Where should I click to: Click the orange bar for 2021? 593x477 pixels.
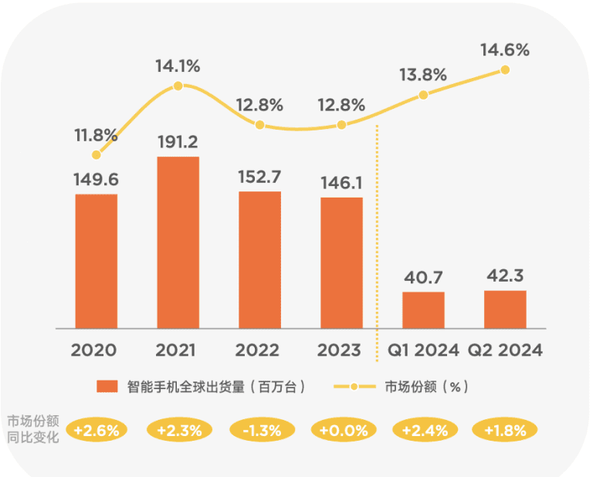coord(178,242)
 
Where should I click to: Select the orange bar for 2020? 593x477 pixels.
coord(97,261)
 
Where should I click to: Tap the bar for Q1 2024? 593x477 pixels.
coord(423,310)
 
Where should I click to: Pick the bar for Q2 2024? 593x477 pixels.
coord(505,309)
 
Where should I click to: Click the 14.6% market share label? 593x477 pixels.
coord(505,50)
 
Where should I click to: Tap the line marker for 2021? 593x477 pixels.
coord(178,86)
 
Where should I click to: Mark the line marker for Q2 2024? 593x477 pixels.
coord(505,69)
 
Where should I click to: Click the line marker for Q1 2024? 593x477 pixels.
coord(423,95)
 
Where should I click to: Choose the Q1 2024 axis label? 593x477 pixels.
coord(423,350)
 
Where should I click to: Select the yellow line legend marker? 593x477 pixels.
coord(354,387)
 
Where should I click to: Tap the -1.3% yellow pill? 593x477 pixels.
coord(261,430)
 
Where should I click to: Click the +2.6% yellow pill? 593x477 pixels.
coord(97,430)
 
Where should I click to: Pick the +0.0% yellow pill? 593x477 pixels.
coord(342,430)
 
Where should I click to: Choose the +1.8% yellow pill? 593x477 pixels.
coord(505,430)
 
